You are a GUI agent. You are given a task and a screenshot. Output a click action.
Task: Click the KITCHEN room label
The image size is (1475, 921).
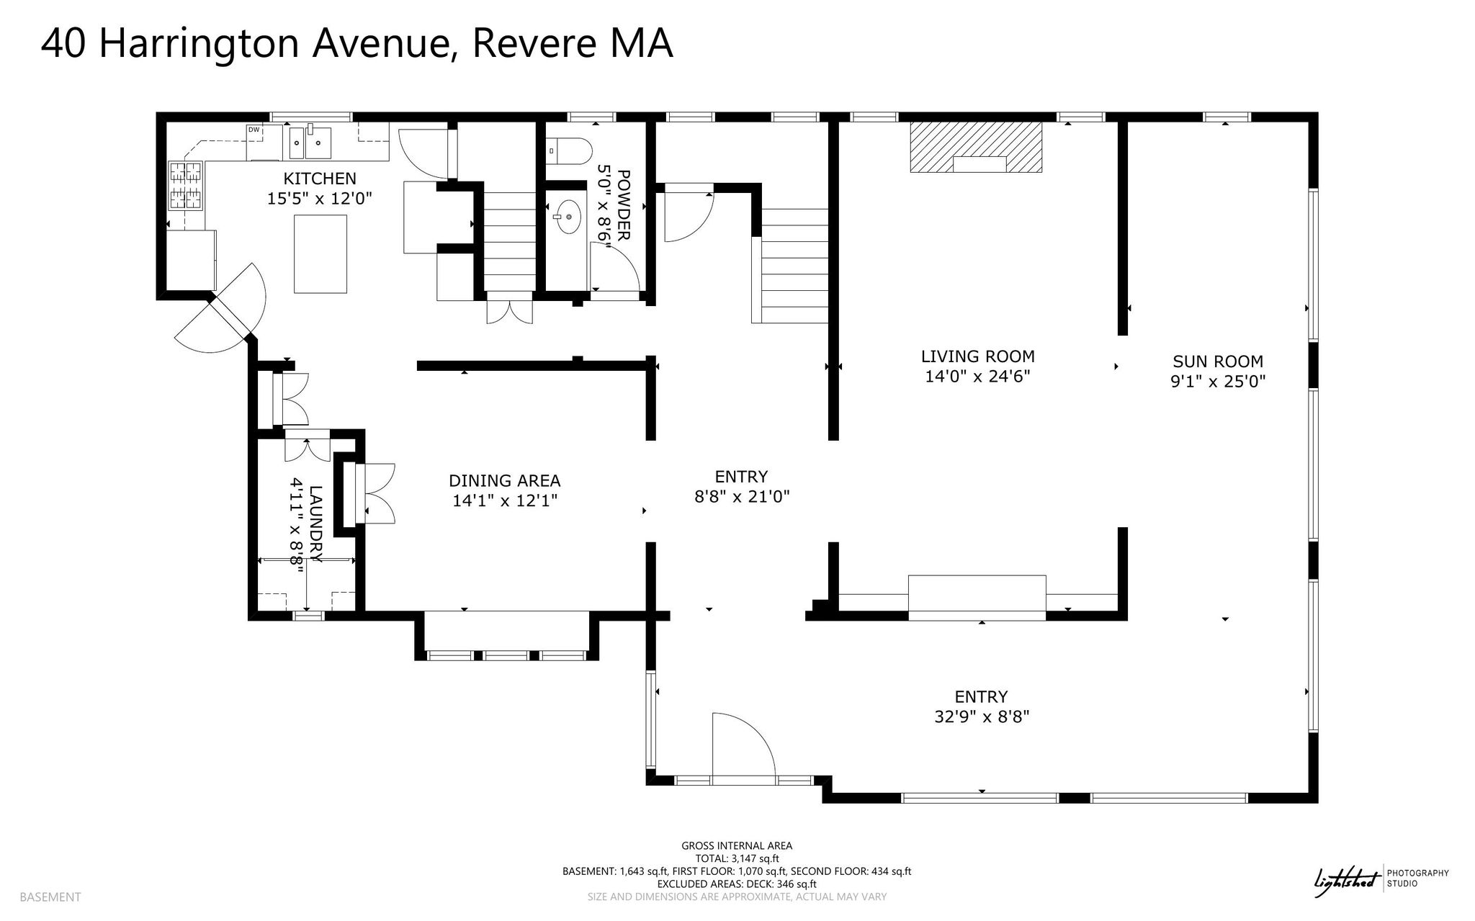coord(320,179)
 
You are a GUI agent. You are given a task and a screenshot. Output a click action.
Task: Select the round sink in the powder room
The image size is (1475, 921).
coord(569,216)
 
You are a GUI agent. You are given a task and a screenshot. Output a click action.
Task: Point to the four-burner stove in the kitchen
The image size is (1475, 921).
coord(185,186)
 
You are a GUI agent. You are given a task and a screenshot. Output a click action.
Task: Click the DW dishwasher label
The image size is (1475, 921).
coord(254,130)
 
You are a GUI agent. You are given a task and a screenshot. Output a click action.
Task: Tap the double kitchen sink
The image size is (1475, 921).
coord(310,143)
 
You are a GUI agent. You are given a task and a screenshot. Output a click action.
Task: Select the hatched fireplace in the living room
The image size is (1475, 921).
coord(977,147)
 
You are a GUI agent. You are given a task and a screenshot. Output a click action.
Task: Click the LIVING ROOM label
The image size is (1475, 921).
coord(978,356)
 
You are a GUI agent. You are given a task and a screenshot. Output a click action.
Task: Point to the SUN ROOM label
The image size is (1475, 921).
coord(1218,361)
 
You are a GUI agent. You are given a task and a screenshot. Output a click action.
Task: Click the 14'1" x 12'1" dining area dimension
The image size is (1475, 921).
coord(505,500)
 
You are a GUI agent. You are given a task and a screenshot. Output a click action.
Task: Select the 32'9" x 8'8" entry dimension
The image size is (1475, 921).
coord(981,716)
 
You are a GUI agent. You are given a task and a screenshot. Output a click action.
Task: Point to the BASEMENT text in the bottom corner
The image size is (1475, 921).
coord(50,897)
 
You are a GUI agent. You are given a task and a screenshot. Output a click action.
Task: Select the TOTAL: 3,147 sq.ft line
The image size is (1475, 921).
coord(737,858)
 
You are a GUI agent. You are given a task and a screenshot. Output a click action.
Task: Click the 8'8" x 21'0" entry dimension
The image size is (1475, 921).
coord(742,497)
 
